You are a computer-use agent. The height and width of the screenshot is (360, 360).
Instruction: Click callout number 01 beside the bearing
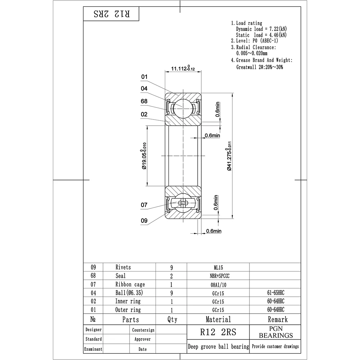click(x=144, y=77)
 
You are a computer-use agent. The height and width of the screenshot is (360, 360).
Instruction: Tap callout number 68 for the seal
click(x=144, y=101)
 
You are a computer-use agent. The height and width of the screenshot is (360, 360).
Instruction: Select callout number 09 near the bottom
click(x=144, y=221)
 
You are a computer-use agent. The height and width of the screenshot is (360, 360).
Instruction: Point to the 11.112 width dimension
click(x=183, y=68)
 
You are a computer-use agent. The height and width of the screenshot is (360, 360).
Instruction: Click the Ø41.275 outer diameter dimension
click(x=229, y=156)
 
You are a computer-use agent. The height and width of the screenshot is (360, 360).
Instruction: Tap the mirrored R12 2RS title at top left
click(x=112, y=14)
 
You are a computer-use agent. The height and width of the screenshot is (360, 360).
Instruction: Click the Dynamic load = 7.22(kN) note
click(x=261, y=29)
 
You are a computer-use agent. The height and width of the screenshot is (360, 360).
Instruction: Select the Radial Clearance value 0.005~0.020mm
click(x=252, y=53)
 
